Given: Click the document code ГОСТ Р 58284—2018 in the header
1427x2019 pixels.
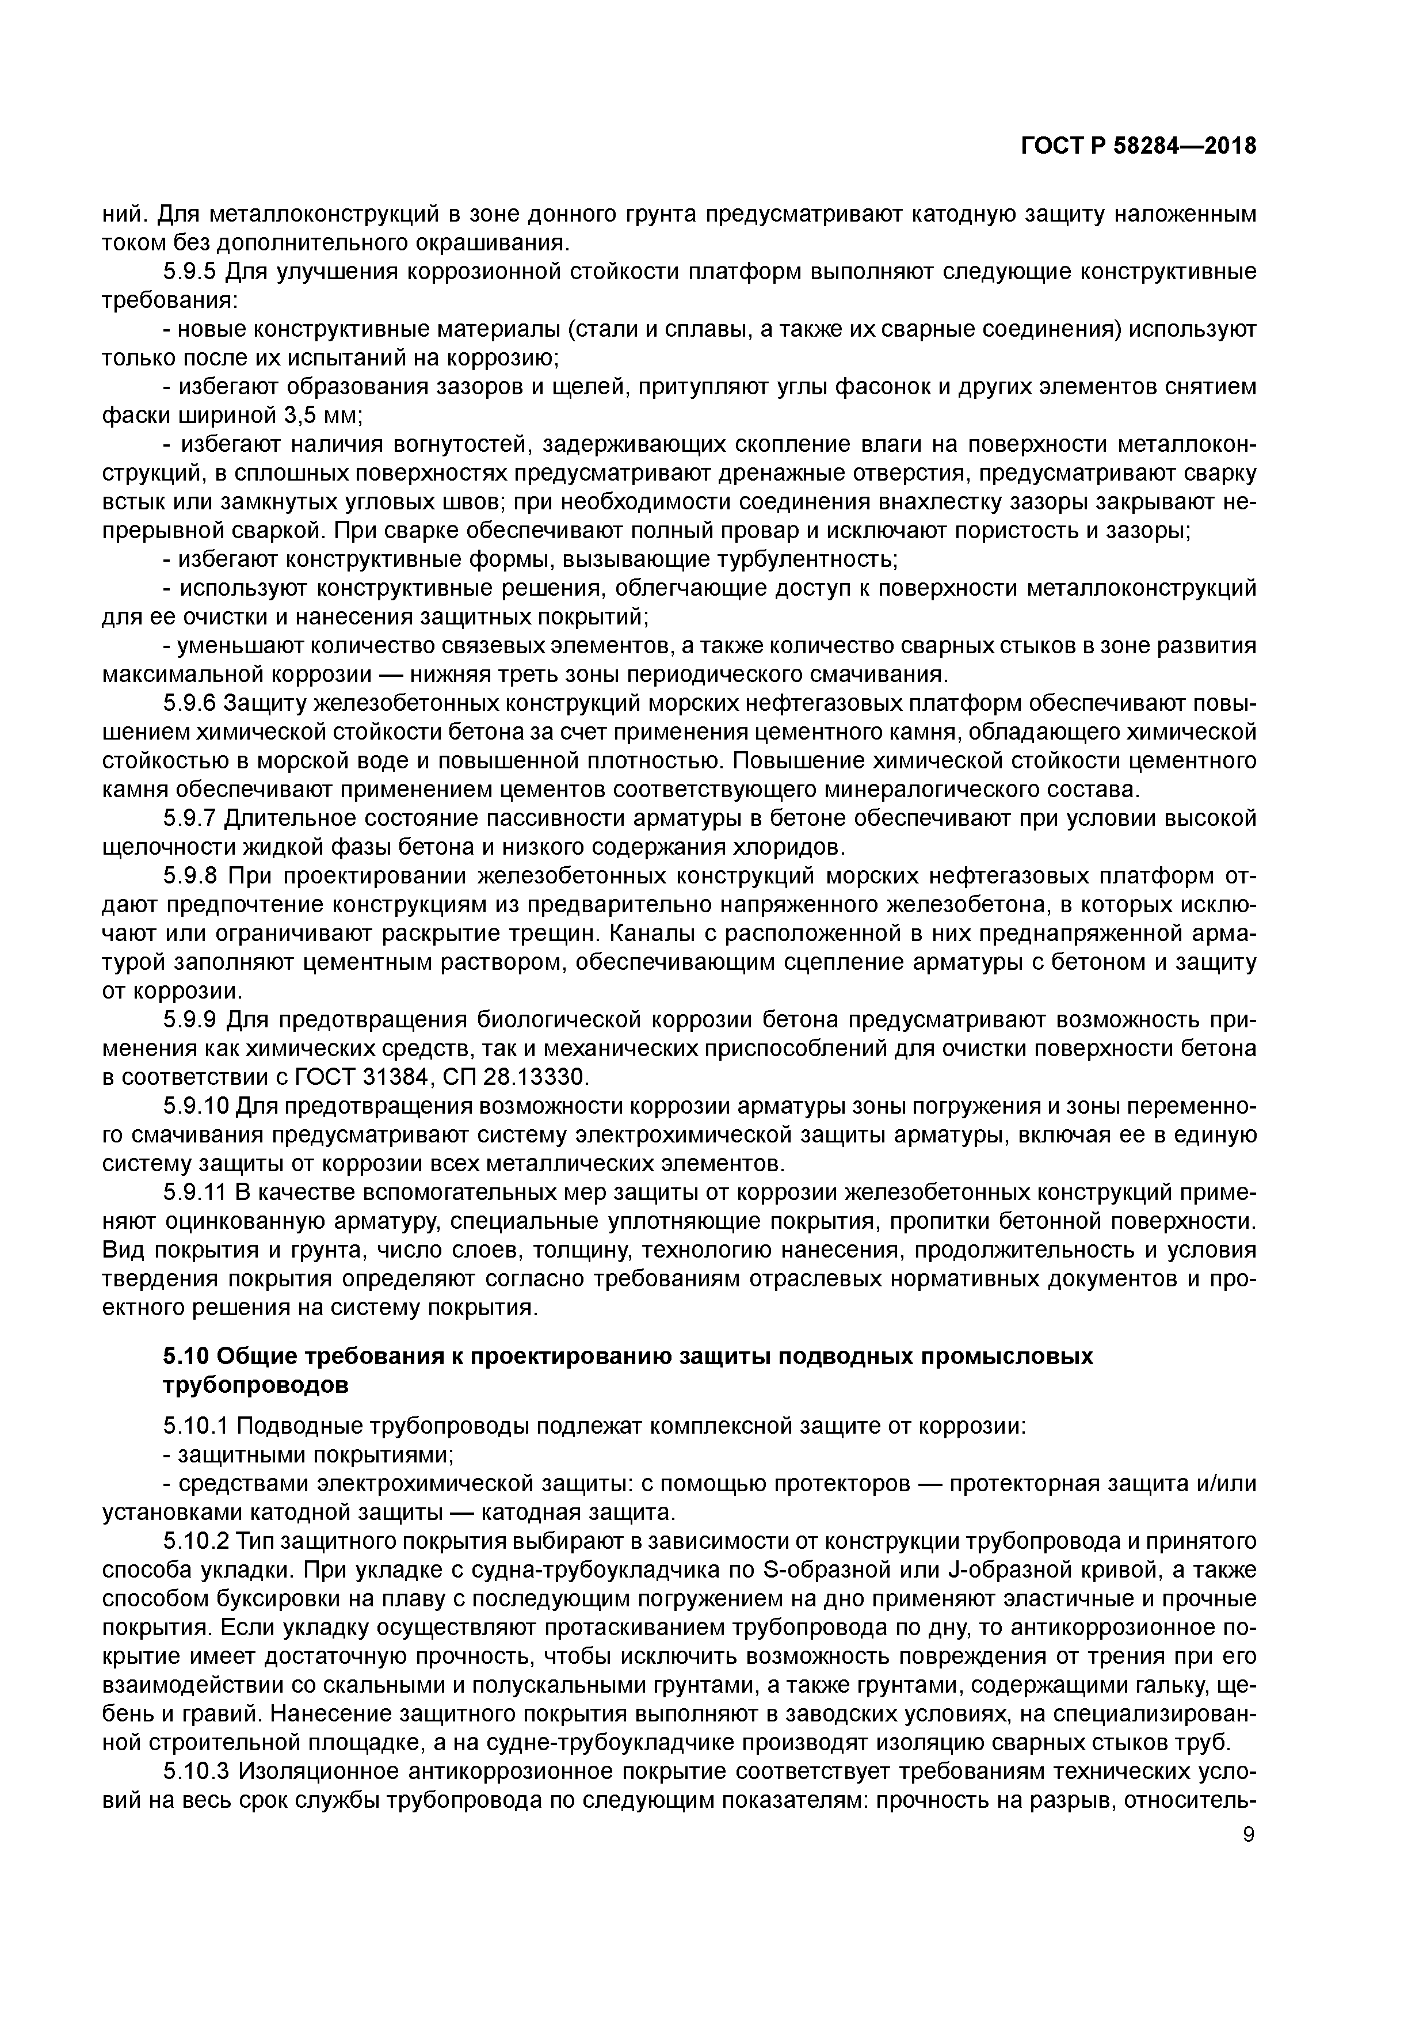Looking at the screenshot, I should click(x=1138, y=147).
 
